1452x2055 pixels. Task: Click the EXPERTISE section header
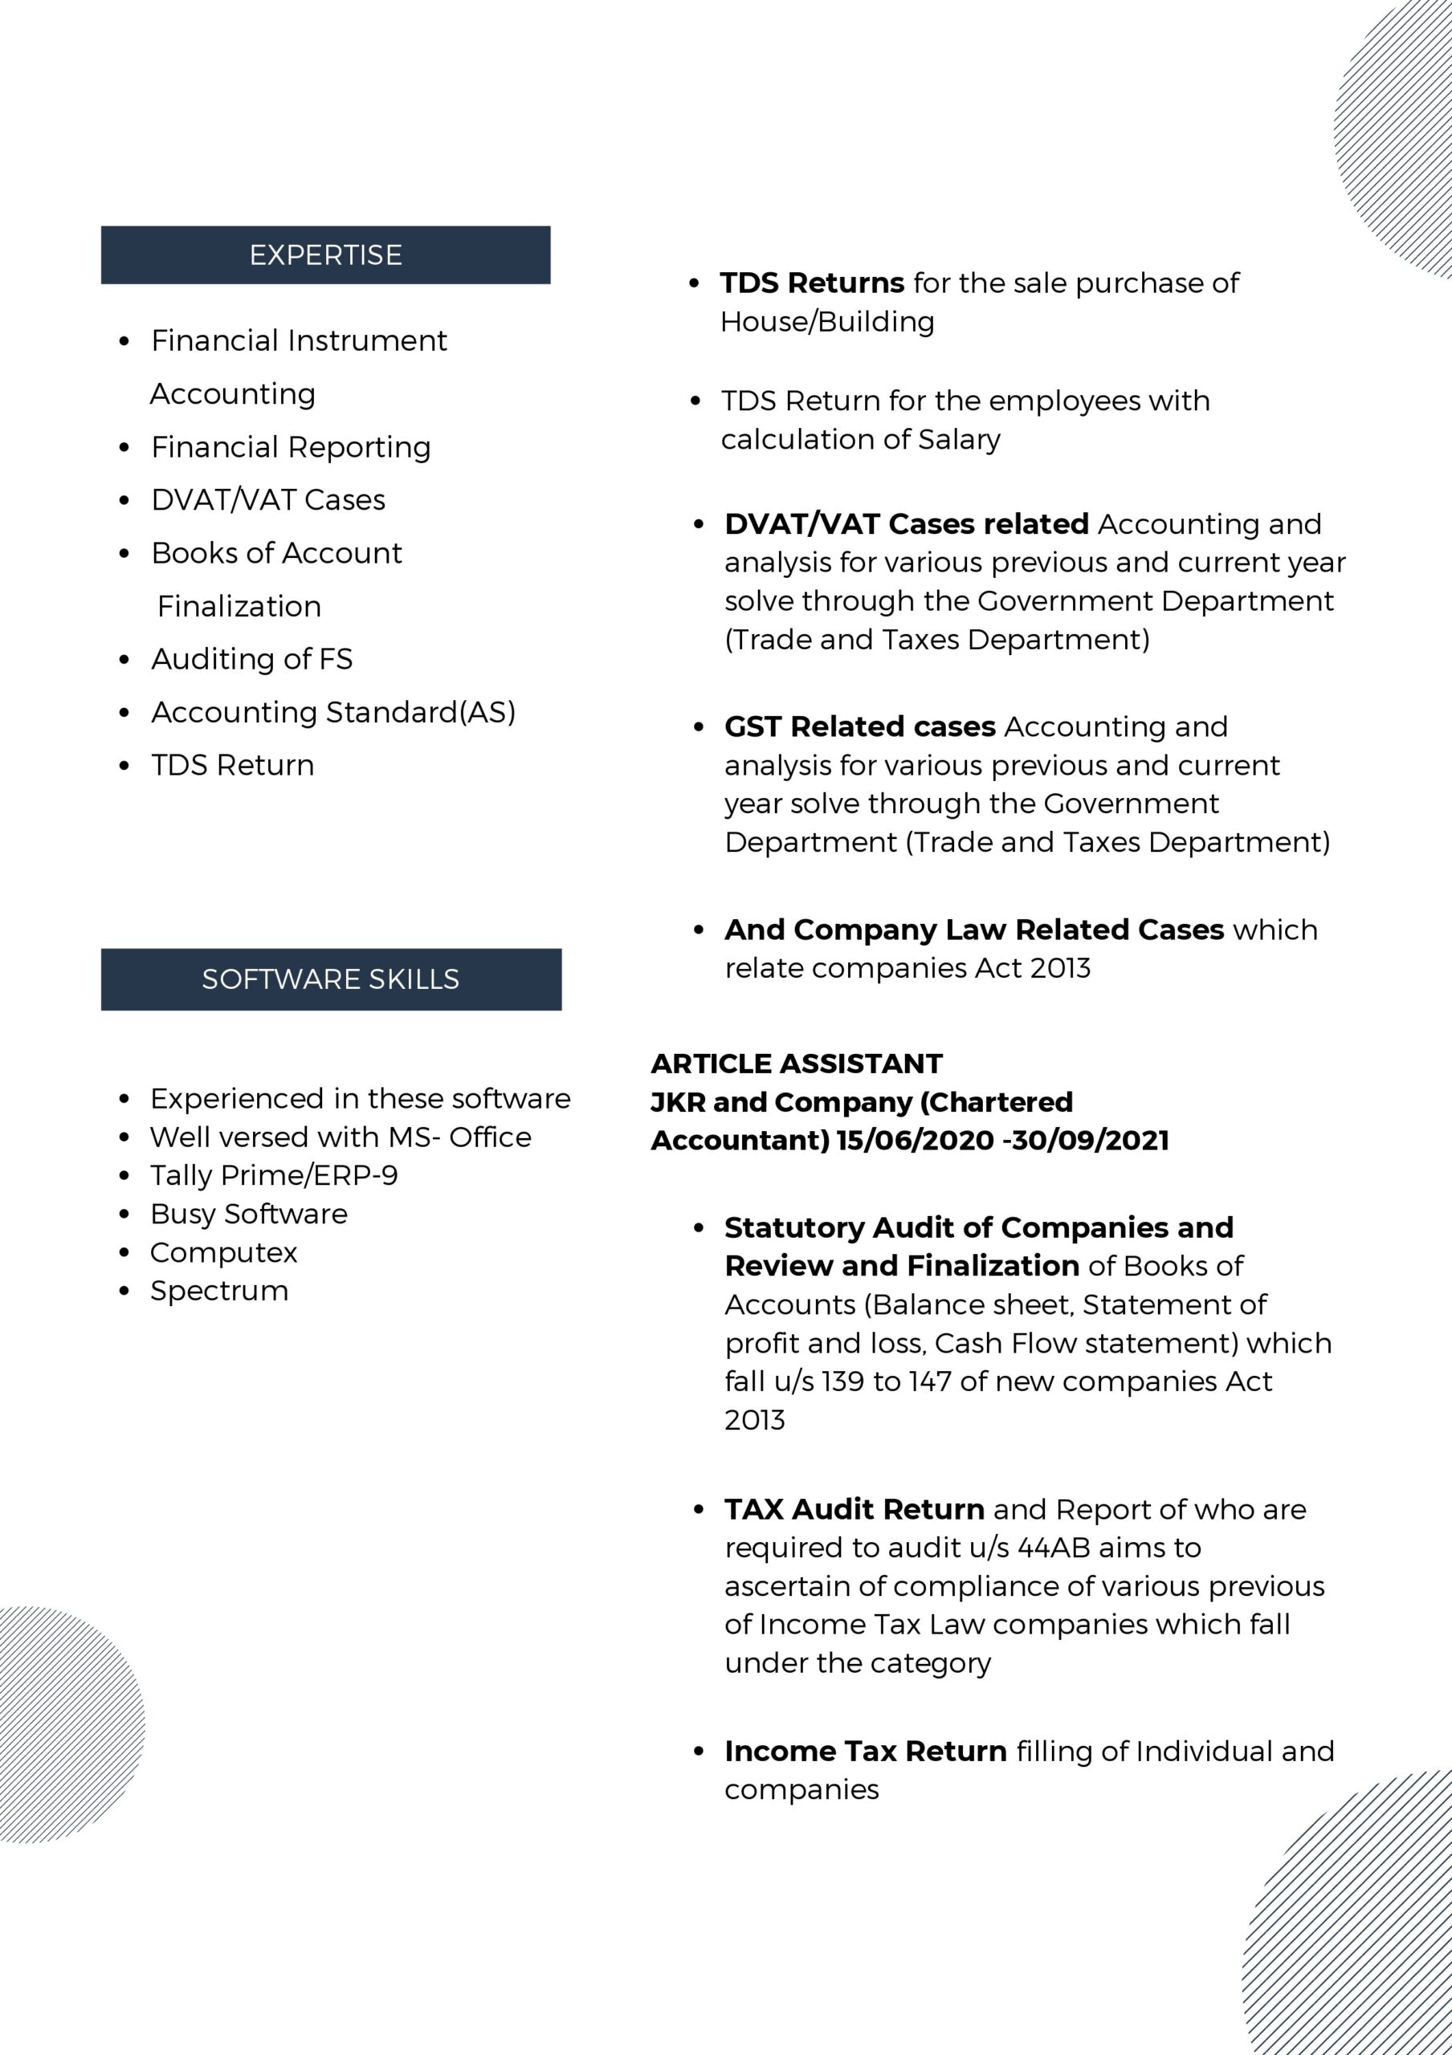click(325, 255)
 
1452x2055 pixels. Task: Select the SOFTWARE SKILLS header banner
click(330, 979)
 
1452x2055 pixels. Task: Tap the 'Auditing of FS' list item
click(251, 659)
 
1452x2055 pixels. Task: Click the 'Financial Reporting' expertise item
click(291, 446)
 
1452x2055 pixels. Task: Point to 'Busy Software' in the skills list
click(249, 1214)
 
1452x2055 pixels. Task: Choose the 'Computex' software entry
click(224, 1252)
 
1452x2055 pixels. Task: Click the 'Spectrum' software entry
click(219, 1291)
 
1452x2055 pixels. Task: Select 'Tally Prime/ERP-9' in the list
click(274, 1175)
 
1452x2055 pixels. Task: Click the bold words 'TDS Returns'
click(812, 283)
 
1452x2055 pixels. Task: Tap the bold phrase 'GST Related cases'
click(859, 726)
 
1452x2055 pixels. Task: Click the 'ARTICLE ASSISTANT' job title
click(797, 1064)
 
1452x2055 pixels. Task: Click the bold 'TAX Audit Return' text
click(854, 1509)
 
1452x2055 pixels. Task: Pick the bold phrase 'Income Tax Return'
click(866, 1751)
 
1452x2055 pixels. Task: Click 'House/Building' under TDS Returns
click(827, 321)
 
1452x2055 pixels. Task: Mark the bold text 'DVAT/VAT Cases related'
click(906, 523)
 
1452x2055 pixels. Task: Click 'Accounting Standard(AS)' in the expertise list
click(333, 713)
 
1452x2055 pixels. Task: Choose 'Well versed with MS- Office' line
click(341, 1137)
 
